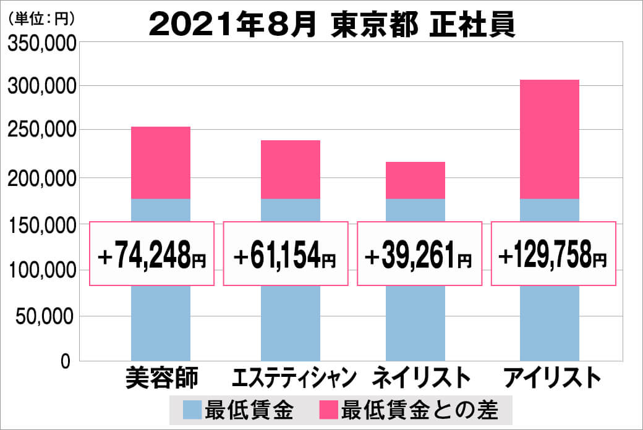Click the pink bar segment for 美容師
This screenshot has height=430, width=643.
coord(161,162)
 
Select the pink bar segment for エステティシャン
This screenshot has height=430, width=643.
coord(291,169)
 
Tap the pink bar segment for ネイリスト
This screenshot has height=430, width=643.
coord(415,180)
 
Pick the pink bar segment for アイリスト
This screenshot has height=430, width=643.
coord(549,139)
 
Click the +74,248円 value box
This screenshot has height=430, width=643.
coord(152,254)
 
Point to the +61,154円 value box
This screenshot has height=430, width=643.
coord(286,254)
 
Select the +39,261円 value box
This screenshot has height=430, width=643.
coord(420,254)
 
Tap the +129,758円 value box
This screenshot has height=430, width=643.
coord(553,254)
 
